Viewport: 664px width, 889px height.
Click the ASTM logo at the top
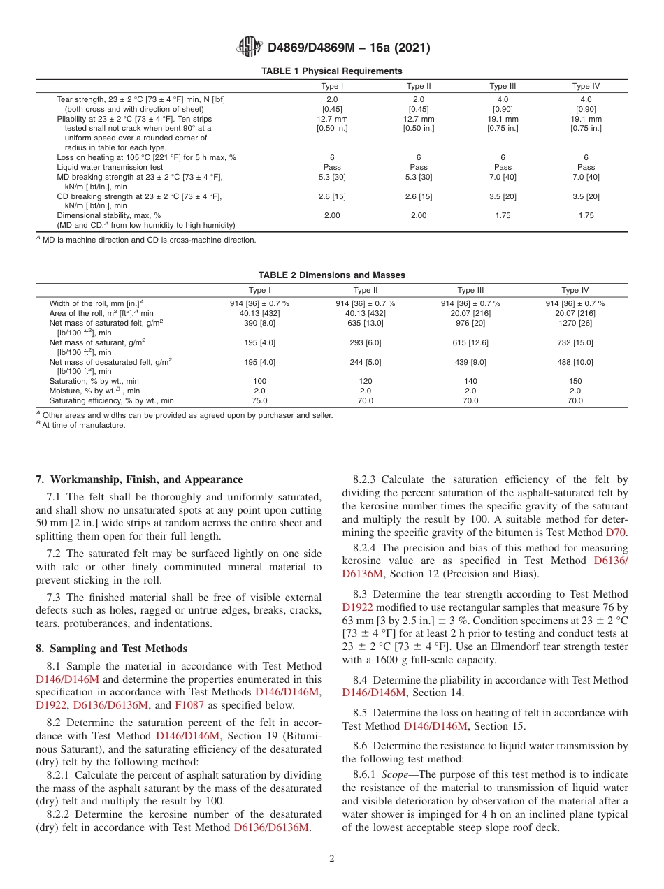click(x=249, y=48)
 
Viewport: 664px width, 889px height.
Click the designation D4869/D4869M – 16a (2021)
click(x=349, y=48)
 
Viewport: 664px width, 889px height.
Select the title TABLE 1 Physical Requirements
click(x=331, y=71)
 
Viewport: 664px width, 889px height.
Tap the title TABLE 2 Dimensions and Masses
click(x=331, y=275)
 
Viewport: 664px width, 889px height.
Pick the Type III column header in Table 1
click(x=503, y=87)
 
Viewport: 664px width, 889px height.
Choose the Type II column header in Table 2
click(x=366, y=291)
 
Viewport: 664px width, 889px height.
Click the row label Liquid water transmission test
click(x=110, y=167)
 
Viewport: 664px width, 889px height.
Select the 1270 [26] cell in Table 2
click(x=575, y=324)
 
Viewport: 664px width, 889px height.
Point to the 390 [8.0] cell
click(x=260, y=324)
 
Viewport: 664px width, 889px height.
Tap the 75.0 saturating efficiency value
click(x=260, y=401)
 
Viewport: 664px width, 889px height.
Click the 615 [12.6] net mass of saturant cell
click(x=470, y=342)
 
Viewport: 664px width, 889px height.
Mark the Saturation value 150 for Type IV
click(x=575, y=382)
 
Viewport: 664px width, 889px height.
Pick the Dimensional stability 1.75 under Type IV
click(x=586, y=216)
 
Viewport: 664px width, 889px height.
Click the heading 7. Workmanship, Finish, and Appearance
click(x=139, y=479)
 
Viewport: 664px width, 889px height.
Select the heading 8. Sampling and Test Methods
click(x=111, y=649)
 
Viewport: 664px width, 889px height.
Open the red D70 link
click(x=616, y=532)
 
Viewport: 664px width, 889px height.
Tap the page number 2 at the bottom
click(x=332, y=858)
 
